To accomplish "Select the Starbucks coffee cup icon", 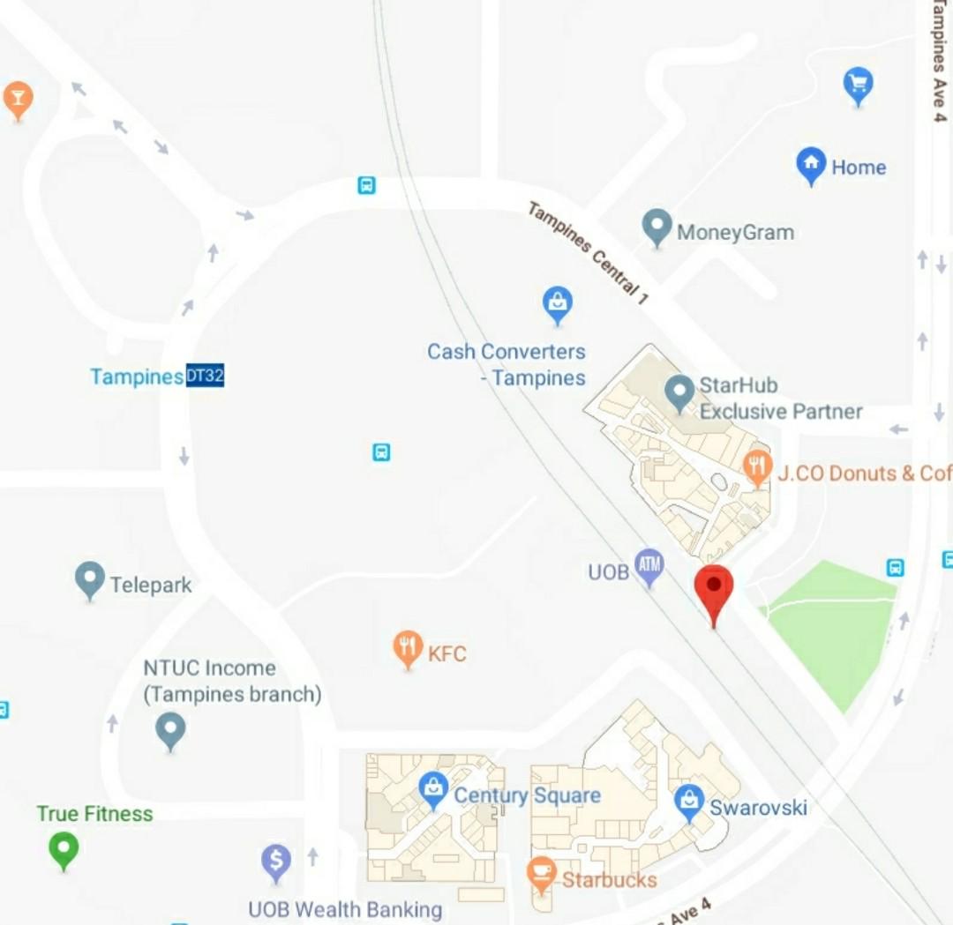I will click(x=540, y=874).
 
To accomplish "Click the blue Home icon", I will click(x=810, y=165).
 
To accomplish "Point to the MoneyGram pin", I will click(x=657, y=227).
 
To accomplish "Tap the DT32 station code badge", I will click(x=205, y=377).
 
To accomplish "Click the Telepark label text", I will click(x=150, y=585).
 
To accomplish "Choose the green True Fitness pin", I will click(x=64, y=849).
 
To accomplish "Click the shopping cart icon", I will click(x=858, y=85).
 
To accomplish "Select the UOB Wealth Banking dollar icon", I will click(x=276, y=861).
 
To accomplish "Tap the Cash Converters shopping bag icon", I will click(x=557, y=303).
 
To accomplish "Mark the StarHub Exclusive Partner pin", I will click(x=679, y=392).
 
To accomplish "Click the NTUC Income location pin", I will click(x=170, y=730).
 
